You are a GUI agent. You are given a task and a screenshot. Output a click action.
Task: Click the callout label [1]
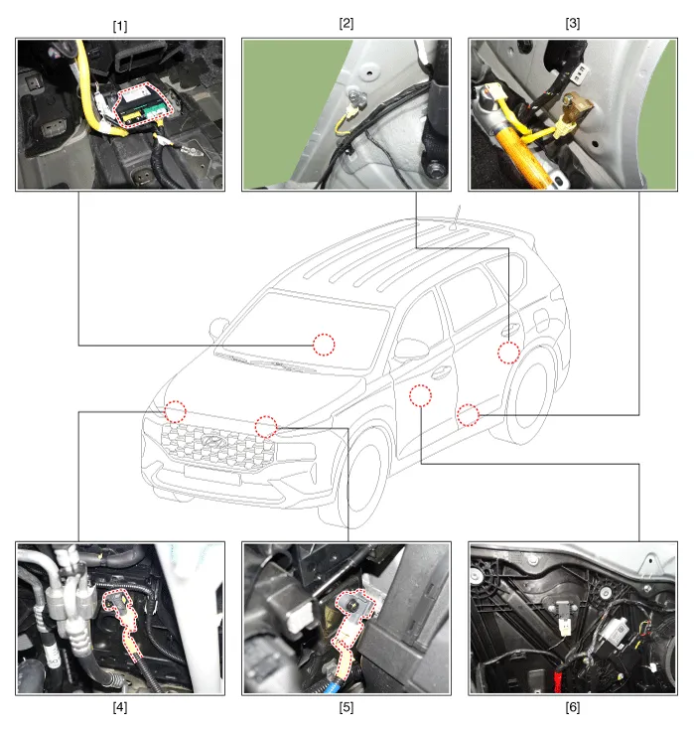pos(120,27)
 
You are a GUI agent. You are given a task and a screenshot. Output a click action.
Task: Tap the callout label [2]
pos(347,24)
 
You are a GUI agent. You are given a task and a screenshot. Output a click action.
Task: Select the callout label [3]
pos(573,24)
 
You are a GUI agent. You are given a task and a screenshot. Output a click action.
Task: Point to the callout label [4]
pos(120,707)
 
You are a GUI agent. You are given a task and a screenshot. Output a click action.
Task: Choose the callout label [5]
pos(347,707)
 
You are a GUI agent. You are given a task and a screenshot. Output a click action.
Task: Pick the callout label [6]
pos(573,707)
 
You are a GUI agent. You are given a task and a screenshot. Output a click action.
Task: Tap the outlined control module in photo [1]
pos(143,104)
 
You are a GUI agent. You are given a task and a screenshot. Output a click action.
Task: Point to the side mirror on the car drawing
pos(411,349)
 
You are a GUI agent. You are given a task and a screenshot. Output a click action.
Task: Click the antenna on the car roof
pos(456,218)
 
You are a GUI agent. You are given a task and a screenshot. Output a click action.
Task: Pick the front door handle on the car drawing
pos(440,371)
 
